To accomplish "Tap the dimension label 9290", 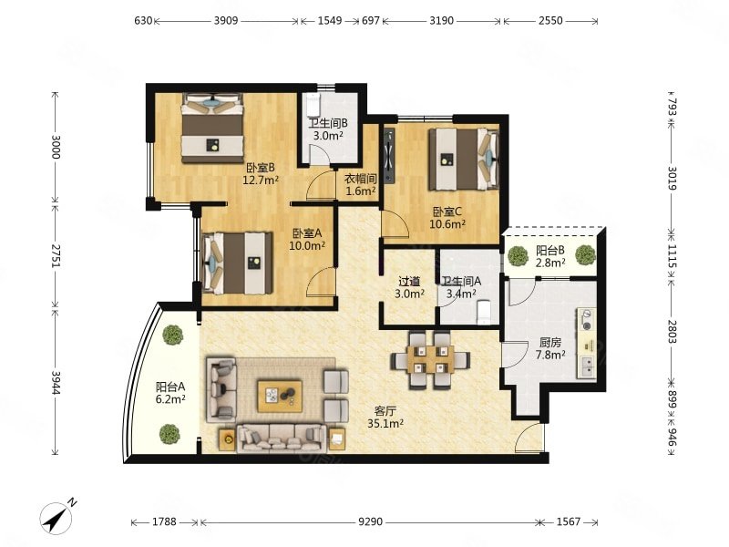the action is coord(370,521).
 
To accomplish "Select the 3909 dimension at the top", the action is coord(226,20).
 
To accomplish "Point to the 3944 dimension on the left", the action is coord(56,382).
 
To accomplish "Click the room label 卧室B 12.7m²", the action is coord(261,174).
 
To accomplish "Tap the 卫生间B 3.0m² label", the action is coord(328,129).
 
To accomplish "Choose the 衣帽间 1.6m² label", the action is coord(360,185).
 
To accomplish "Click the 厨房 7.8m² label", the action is coord(550,349).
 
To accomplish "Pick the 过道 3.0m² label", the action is coord(409,287).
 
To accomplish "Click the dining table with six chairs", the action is coord(430,360).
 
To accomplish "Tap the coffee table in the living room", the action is coord(280,396).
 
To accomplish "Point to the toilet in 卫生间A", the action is coord(484,312).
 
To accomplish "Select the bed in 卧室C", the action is coord(464,160).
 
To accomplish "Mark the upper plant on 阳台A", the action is coord(172,335).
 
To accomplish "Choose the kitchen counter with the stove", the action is coord(587,344).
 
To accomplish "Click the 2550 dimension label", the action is coord(550,20).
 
